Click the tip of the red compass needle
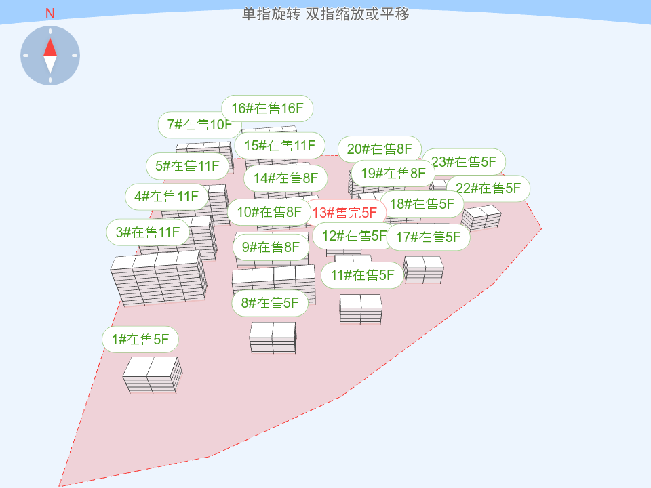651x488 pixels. [x=50, y=38]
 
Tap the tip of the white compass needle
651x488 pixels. [x=50, y=74]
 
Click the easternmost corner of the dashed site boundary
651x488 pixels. [x=541, y=228]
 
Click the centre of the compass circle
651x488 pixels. [x=50, y=56]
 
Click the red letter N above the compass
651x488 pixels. [x=50, y=14]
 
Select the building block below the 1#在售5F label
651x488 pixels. [x=153, y=375]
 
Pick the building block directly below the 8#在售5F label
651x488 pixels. [x=273, y=338]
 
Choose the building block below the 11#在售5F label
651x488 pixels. [x=360, y=309]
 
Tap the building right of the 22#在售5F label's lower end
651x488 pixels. [x=481, y=218]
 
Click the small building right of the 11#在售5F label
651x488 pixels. [x=423, y=270]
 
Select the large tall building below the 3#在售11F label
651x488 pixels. [x=158, y=278]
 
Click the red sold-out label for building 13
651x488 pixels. [x=344, y=213]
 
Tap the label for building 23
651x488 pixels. [x=464, y=162]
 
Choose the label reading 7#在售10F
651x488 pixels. [x=199, y=125]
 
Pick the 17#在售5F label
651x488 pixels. [x=428, y=237]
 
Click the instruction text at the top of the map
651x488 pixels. [x=325, y=14]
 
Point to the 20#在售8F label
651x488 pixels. [x=380, y=149]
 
